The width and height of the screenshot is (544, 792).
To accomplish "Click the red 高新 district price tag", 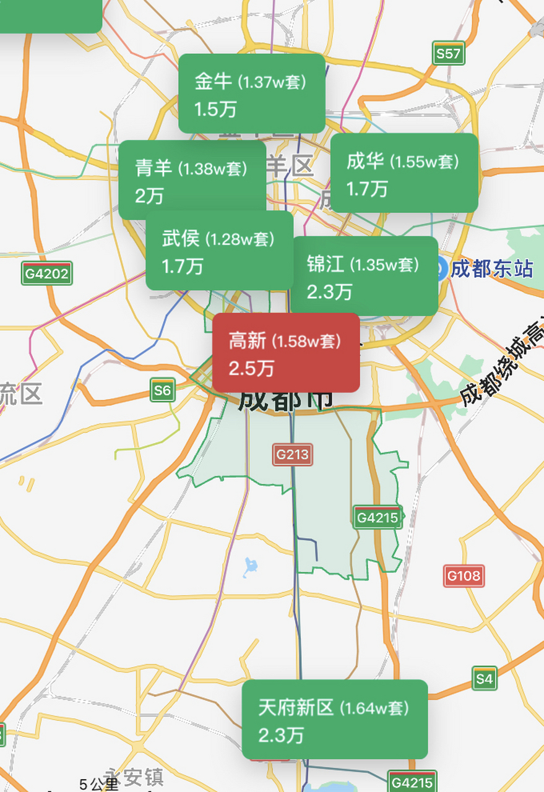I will (286, 352).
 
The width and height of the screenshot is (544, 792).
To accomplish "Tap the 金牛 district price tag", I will (251, 93).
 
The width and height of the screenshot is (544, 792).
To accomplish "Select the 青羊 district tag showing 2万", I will (192, 179).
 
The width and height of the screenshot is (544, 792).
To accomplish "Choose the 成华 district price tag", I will (404, 173).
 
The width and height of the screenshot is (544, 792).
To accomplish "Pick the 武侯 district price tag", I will (219, 250).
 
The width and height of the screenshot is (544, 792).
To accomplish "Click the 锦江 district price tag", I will (364, 276).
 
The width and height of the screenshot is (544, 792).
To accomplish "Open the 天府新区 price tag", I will (334, 719).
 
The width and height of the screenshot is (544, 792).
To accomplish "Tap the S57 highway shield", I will (448, 54).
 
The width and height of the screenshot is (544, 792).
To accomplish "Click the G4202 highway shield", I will (46, 273).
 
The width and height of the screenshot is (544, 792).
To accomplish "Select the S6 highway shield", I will (162, 390).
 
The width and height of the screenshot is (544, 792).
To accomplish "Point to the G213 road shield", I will (292, 455).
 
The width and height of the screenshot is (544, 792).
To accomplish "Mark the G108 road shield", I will (464, 576).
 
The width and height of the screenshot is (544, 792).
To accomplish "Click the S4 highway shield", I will (484, 678).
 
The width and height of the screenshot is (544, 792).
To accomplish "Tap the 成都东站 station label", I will (491, 269).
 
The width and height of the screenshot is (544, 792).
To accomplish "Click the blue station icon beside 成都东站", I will (440, 269).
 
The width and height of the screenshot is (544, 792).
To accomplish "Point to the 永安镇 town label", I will (135, 778).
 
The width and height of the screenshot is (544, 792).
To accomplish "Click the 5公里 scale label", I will (98, 784).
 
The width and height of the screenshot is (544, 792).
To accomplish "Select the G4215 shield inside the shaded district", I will (378, 517).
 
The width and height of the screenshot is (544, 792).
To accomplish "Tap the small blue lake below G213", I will (250, 566).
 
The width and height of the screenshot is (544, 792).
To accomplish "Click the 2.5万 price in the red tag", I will (251, 368).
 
